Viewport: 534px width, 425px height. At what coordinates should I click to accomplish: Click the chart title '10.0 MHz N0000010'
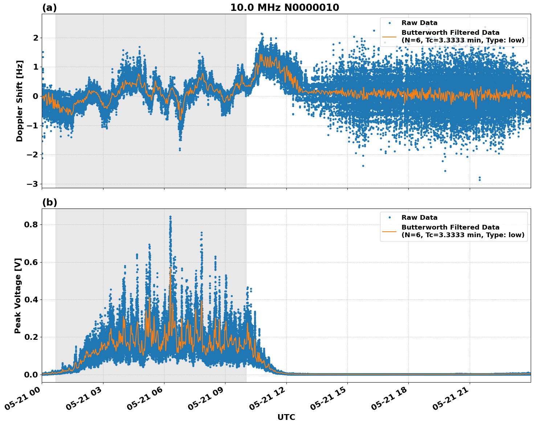point(285,8)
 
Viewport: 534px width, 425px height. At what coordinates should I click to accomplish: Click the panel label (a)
point(49,8)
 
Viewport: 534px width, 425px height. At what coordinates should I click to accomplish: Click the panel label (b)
point(49,202)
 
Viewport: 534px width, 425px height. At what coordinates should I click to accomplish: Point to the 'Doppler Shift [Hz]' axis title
point(20,101)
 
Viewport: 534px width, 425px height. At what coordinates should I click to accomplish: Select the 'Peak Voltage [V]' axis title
point(18,296)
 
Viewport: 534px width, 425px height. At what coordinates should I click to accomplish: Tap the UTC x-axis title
point(286,417)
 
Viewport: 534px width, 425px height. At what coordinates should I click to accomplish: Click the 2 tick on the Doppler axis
point(36,38)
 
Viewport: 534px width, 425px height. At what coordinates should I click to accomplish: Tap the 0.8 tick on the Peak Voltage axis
point(32,224)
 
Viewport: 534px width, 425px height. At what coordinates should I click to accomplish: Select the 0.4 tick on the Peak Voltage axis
point(32,300)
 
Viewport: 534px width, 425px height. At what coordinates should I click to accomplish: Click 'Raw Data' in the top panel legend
point(419,23)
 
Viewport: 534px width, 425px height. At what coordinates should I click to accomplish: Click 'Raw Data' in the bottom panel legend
point(419,218)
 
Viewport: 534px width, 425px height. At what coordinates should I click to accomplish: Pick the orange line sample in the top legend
point(389,37)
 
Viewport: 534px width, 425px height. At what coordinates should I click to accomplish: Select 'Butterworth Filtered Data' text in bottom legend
point(450,227)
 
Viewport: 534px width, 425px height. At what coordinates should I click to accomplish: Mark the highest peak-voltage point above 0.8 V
point(170,217)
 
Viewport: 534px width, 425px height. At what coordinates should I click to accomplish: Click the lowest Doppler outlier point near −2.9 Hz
point(480,180)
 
